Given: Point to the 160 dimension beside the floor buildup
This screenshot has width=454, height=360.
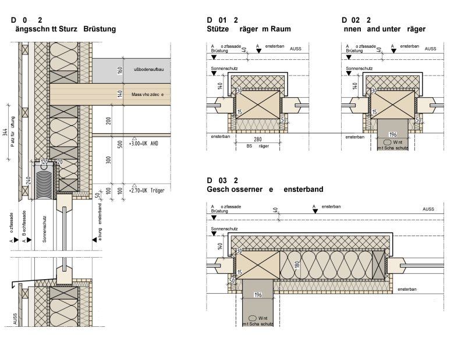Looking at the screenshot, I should point(119,71).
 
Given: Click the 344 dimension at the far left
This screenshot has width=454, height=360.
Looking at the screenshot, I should point(5,133).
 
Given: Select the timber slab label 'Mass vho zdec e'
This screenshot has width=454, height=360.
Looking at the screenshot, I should point(147,94).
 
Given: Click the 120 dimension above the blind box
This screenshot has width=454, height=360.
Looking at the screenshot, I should point(45,162).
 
